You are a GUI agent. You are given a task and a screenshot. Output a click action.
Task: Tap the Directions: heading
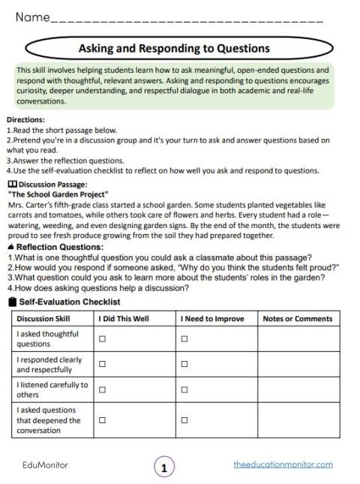pyautogui.click(x=25, y=119)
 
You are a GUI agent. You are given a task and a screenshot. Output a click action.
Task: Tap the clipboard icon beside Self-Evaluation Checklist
pyautogui.click(x=10, y=302)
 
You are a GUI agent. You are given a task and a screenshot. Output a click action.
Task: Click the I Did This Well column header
pyautogui.click(x=124, y=319)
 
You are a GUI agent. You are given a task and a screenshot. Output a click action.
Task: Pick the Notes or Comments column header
pyautogui.click(x=297, y=319)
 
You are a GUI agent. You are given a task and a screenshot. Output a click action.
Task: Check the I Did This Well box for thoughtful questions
pyautogui.click(x=103, y=338)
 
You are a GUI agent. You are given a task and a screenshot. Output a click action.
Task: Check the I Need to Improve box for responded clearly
pyautogui.click(x=184, y=365)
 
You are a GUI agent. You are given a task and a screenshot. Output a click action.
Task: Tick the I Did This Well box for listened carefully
pyautogui.click(x=103, y=389)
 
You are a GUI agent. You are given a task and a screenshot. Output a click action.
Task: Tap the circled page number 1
pyautogui.click(x=163, y=467)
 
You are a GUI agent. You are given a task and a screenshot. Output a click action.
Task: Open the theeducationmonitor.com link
pyautogui.click(x=283, y=464)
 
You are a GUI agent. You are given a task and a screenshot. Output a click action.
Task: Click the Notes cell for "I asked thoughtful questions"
pyautogui.click(x=297, y=338)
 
